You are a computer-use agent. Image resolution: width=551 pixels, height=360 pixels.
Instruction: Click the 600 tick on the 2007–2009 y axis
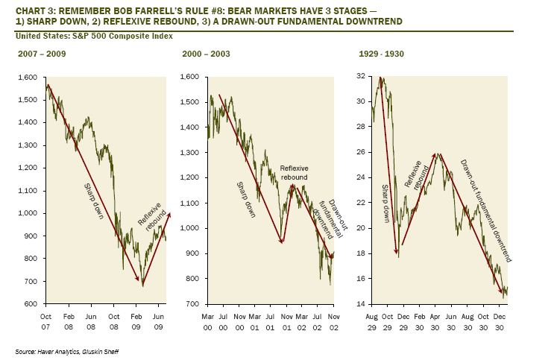pos(30,304)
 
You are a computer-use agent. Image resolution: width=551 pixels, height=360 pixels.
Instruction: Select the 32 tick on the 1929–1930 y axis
pos(362,78)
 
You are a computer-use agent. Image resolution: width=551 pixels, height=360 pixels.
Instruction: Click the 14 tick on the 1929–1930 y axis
pos(362,304)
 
